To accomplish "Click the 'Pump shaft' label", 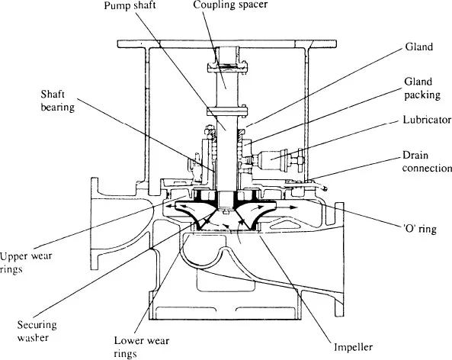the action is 130,5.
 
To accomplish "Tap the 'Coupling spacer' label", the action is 230,5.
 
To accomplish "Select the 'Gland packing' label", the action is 422,88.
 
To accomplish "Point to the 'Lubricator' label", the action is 427,120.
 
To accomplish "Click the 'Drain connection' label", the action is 427,162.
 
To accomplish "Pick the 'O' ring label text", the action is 419,229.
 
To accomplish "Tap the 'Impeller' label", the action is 353,347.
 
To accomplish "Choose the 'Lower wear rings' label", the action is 141,347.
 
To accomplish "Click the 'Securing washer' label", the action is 37,331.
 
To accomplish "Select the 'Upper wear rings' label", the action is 26,262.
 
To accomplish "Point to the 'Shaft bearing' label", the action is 58,101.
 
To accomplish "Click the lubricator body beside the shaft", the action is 270,159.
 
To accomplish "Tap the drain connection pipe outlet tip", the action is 325,189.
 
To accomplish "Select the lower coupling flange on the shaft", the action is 227,111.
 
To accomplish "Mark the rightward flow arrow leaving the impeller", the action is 288,207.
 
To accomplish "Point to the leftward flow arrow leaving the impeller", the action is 172,207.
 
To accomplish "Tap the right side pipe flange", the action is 339,259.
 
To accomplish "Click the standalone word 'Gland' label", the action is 419,47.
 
